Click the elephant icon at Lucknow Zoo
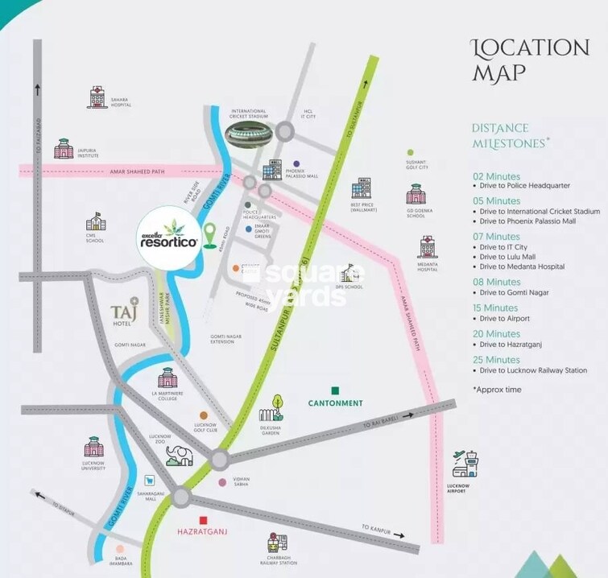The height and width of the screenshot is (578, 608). click(181, 456)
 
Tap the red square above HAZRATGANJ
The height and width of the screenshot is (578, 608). click(205, 520)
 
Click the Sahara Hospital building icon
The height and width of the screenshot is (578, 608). click(97, 97)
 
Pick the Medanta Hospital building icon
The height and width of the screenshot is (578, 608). click(427, 248)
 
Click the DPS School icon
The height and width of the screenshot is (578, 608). click(348, 273)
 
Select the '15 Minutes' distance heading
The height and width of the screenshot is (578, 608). click(496, 308)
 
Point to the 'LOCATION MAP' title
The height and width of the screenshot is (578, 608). click(529, 60)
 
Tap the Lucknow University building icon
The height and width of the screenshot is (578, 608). click(94, 448)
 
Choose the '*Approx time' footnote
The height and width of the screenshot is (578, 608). click(497, 390)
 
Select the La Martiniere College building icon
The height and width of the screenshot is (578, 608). click(168, 378)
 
